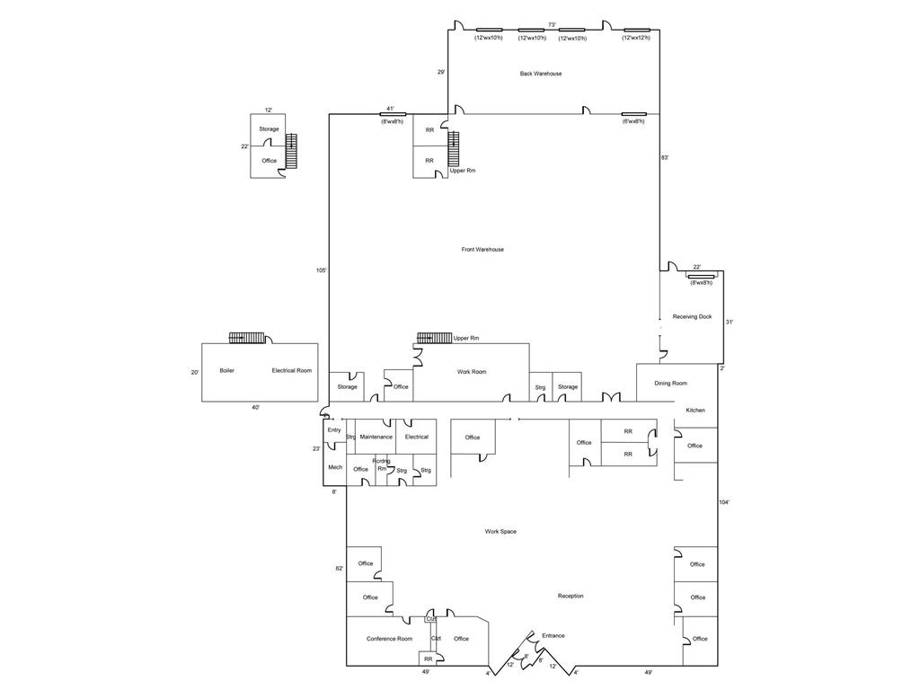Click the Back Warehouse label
pos(541,74)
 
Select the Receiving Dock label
pos(692,316)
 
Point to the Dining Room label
pos(670,384)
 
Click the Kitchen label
pos(695,411)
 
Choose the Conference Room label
pos(389,639)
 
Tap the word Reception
pos(571,596)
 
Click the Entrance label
pos(553,636)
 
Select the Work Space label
pos(500,532)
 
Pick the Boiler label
pos(226,370)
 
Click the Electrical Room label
pos(292,370)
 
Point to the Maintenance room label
pos(376,437)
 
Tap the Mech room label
pos(334,467)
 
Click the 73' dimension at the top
pos(553,24)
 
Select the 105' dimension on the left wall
pos(321,270)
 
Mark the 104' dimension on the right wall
pos(724,502)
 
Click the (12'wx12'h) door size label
pos(642,38)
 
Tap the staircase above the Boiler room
pos(247,338)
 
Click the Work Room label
pos(472,372)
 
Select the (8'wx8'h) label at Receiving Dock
pos(702,283)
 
